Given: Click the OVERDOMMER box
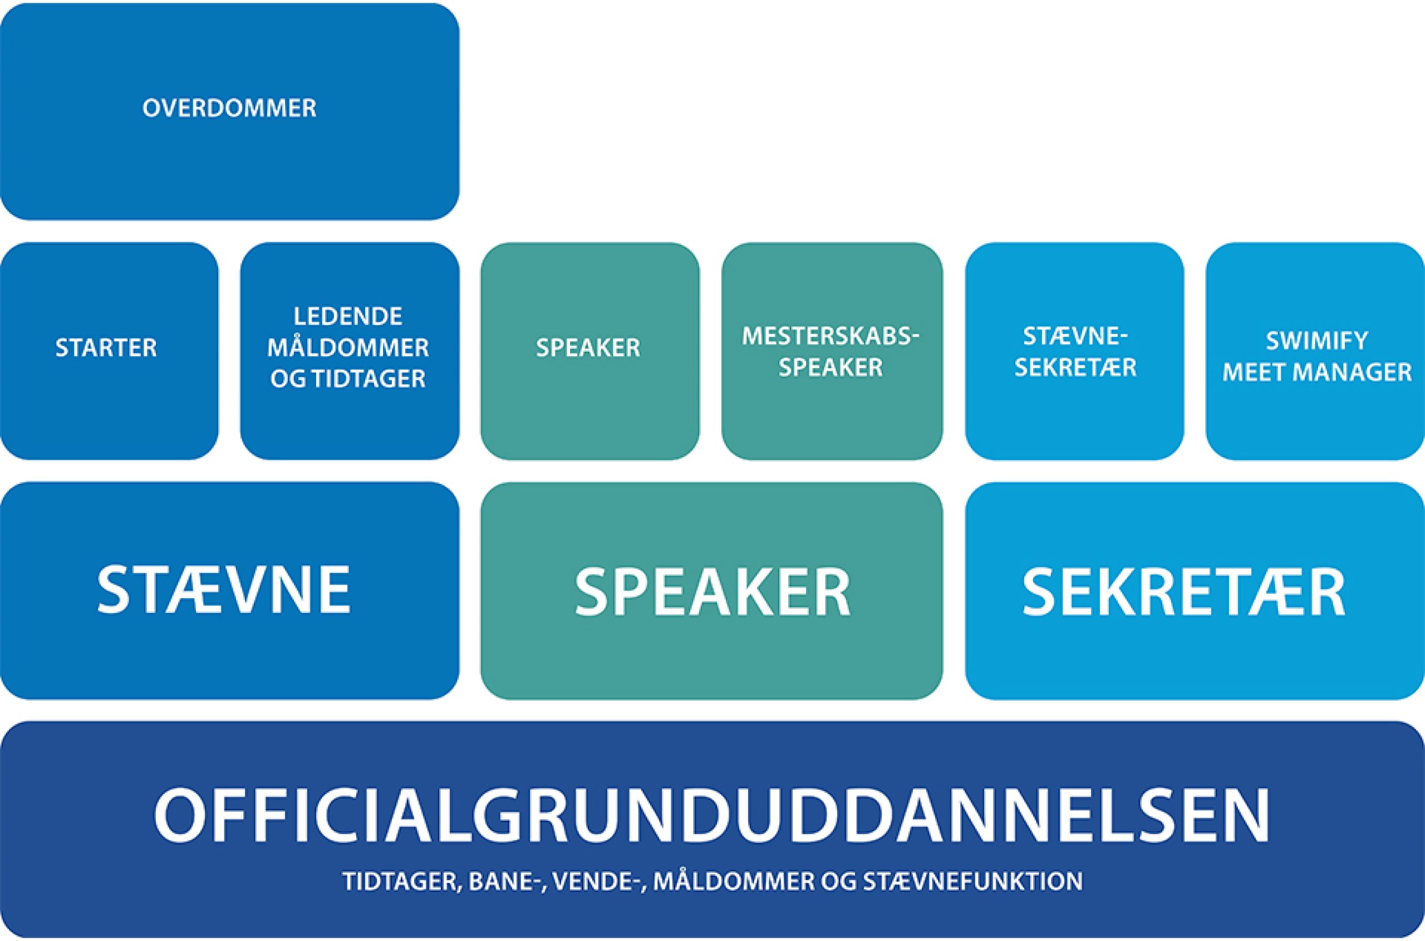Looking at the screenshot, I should [x=229, y=111].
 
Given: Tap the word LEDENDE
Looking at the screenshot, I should [x=348, y=317].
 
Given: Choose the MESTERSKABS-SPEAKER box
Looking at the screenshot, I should [x=831, y=352].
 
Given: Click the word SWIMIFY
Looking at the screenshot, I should [x=1316, y=341].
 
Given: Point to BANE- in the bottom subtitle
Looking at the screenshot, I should [x=509, y=881].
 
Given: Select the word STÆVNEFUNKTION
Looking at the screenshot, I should [x=972, y=881].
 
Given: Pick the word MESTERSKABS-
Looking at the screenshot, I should [x=831, y=337].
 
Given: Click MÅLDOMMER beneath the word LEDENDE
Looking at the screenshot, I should [x=348, y=348].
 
